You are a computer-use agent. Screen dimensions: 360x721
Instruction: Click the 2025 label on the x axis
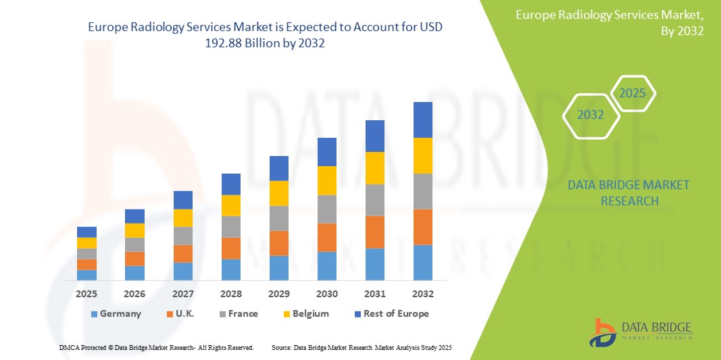[86, 294]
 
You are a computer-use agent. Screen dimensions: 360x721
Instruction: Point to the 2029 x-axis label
[279, 294]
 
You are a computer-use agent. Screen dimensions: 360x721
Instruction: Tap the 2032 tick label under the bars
[423, 294]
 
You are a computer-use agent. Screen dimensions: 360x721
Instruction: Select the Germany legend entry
[116, 313]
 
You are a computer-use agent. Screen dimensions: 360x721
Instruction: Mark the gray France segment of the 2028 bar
[231, 226]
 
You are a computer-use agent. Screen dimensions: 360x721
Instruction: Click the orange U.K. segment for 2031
[375, 232]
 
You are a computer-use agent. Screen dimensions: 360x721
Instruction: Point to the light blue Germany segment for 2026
[134, 273]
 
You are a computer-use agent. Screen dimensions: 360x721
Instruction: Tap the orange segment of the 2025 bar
[86, 264]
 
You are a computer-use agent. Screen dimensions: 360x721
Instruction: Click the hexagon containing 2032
[591, 115]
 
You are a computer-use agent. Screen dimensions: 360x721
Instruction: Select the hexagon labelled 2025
[632, 93]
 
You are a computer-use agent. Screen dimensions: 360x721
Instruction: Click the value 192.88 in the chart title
[223, 42]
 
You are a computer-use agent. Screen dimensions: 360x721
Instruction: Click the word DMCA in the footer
[70, 347]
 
